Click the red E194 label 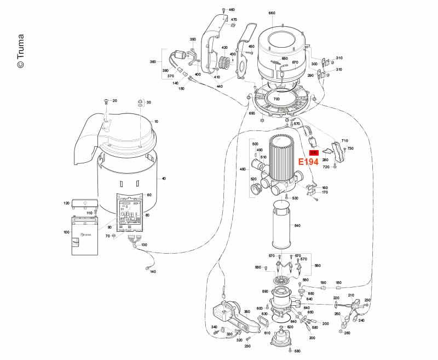click(308, 162)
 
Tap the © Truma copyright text click(20, 52)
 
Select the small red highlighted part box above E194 click(314, 153)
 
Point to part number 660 click(272, 13)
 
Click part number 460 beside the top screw click(232, 10)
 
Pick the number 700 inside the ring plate click(276, 99)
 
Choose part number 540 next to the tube click(297, 226)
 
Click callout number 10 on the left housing click(156, 121)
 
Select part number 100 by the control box click(67, 232)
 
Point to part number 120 click(67, 203)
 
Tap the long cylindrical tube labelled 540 click(283, 225)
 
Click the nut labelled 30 click(139, 102)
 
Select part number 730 click(350, 148)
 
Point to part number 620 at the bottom click(290, 327)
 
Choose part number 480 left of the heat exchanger click(244, 169)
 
